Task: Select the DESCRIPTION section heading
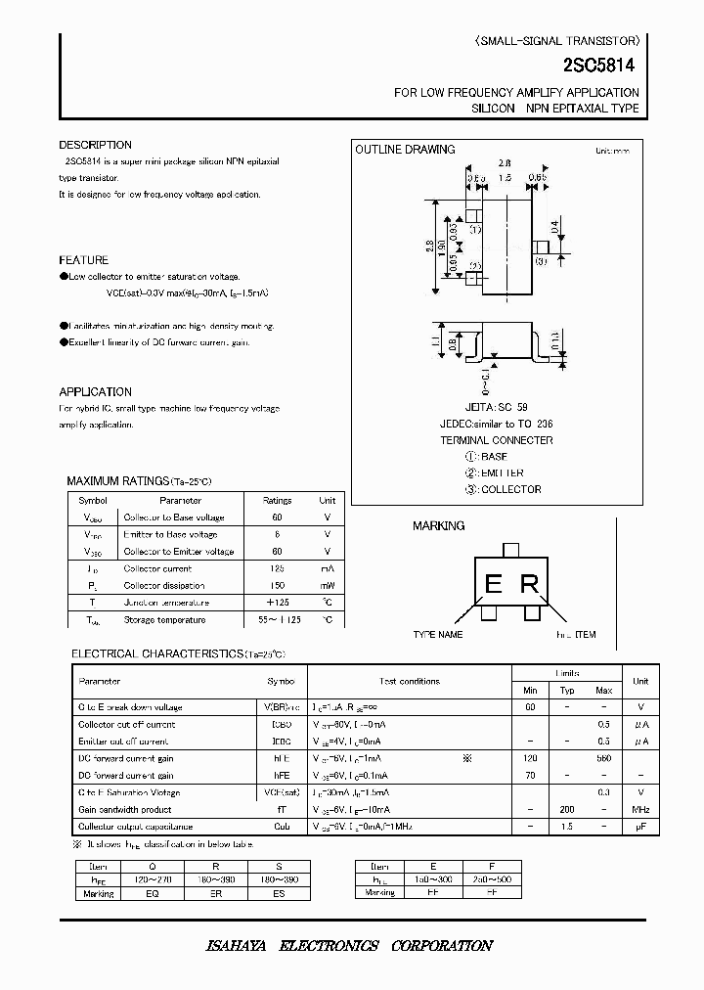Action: click(x=95, y=145)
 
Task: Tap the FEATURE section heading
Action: click(x=84, y=260)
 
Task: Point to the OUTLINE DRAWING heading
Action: click(x=405, y=150)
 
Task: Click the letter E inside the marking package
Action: click(x=493, y=585)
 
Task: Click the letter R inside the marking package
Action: click(x=529, y=585)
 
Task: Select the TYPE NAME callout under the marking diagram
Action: click(x=438, y=635)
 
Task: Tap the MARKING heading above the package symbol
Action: click(x=439, y=526)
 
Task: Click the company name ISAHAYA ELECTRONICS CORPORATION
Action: click(x=349, y=946)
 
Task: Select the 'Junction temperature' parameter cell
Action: click(x=166, y=603)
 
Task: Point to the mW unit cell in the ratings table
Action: click(x=328, y=585)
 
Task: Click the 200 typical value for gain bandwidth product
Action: click(x=567, y=809)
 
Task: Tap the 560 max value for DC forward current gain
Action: click(x=604, y=758)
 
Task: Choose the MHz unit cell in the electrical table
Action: click(x=639, y=809)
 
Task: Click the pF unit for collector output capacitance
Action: click(x=639, y=827)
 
